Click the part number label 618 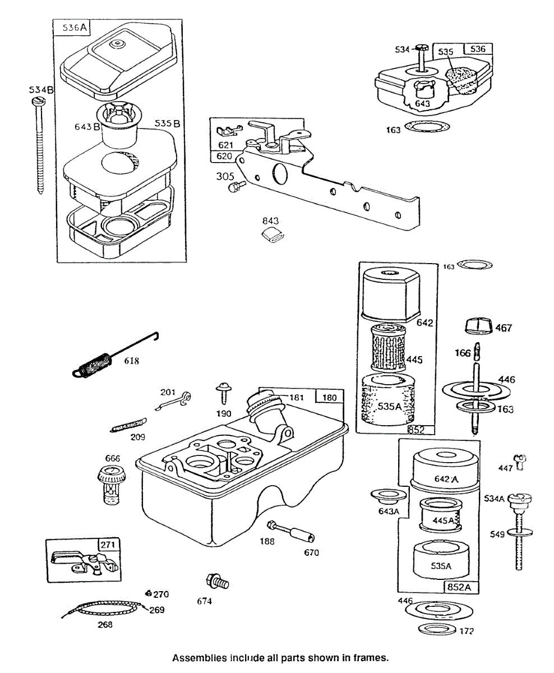[132, 361]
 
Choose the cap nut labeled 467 [478, 325]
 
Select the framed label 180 [330, 398]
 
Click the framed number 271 [109, 545]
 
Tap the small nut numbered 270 [148, 592]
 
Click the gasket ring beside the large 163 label [427, 127]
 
